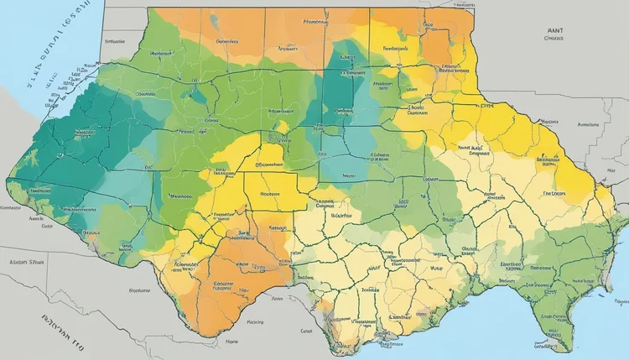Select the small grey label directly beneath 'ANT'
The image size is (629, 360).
(554, 38)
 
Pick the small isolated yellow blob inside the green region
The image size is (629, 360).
(283, 127)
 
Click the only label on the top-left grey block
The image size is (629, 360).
(111, 39)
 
